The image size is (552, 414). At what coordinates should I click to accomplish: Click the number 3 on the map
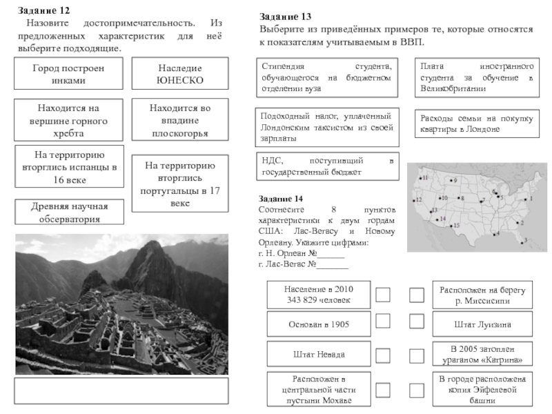(x=526, y=239)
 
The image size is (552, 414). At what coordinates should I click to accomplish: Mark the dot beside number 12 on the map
(x=414, y=200)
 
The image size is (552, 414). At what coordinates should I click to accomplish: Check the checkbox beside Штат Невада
(x=383, y=355)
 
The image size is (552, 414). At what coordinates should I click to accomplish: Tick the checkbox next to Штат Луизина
(x=416, y=322)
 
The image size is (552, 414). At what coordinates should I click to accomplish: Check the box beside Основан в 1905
(x=383, y=322)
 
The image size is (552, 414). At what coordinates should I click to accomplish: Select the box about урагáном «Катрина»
(x=482, y=355)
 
